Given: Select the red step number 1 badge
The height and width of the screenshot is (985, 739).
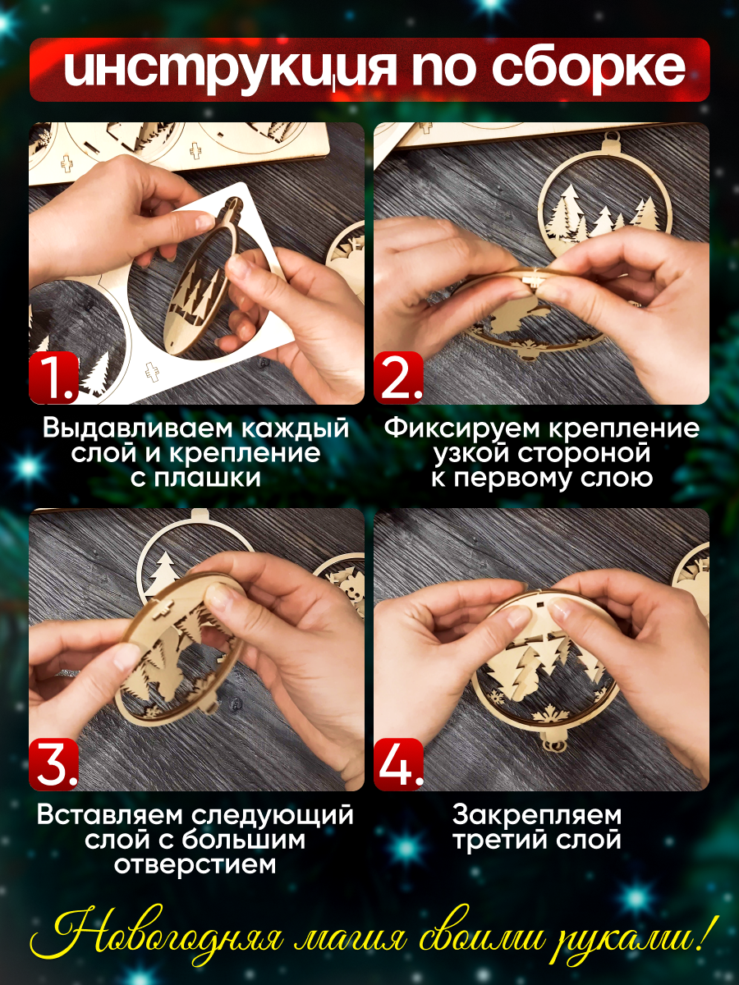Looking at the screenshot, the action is [54, 378].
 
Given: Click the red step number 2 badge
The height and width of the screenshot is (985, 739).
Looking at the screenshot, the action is [398, 378].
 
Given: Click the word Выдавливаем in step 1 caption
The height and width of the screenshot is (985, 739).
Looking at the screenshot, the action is [138, 429].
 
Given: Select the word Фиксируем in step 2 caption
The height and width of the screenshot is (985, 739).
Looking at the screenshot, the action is [461, 428].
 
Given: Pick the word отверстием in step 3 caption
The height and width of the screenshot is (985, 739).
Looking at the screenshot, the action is [195, 864].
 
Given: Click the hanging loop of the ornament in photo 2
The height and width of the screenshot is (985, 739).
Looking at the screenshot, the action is [611, 149].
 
